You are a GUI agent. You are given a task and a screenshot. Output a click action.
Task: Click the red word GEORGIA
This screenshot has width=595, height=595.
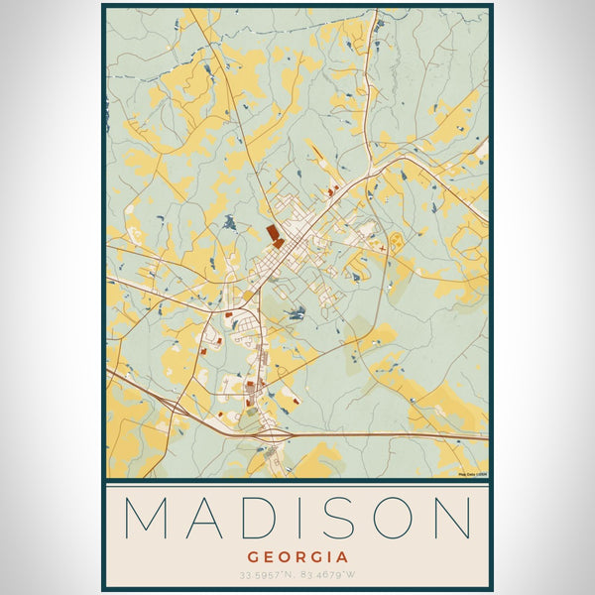coord(297,557)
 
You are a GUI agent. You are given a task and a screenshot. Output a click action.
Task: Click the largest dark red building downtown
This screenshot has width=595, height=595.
coord(273,232)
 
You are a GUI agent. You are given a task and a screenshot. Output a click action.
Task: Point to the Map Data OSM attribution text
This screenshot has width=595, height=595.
coord(472,474)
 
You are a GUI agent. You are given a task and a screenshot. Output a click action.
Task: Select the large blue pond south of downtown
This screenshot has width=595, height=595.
coord(296,314)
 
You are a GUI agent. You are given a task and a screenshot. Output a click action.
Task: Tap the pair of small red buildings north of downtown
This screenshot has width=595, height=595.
coord(332,188)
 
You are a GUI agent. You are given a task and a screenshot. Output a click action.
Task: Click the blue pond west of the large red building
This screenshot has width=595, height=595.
coord(230,223)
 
